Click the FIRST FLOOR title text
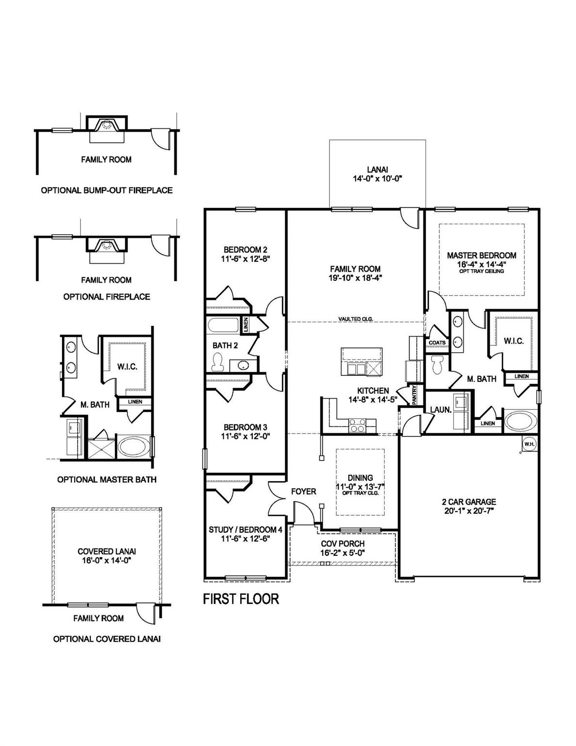(241, 599)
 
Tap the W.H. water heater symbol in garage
(528, 443)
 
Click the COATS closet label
(437, 342)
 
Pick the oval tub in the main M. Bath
(520, 421)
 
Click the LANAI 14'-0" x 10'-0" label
(378, 174)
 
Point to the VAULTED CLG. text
(356, 319)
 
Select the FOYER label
(303, 492)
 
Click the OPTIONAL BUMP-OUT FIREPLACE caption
(106, 190)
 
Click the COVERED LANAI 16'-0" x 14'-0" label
(106, 556)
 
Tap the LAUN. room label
(441, 409)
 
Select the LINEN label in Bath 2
(246, 324)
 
